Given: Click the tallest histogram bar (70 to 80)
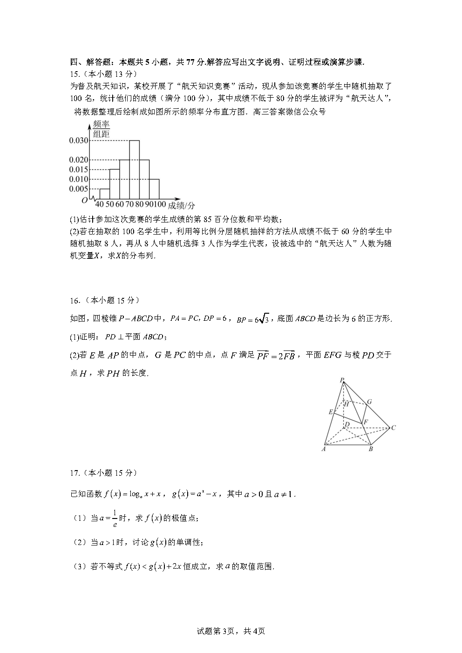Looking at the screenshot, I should click(134, 170).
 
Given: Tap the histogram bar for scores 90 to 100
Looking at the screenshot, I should click(154, 189).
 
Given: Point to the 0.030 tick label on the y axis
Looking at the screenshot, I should click(78, 141).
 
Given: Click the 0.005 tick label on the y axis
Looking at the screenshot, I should click(78, 189).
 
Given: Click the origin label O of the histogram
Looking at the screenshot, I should click(84, 200).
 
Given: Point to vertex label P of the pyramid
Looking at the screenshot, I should click(342, 380).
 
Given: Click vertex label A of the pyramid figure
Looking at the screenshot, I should click(323, 449).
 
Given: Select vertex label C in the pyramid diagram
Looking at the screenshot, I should click(394, 428).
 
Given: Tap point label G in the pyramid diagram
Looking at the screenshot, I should click(369, 402).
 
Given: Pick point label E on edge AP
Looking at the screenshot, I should click(331, 412).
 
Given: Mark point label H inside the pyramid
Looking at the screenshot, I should click(346, 404).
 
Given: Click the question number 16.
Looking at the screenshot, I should click(75, 300).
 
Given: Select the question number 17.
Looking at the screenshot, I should click(75, 473).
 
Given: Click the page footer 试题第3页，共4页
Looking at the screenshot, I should click(231, 631).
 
